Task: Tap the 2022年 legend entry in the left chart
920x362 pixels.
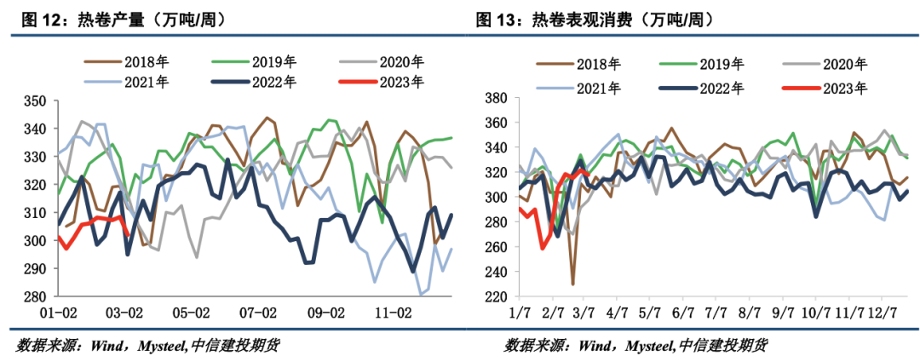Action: pos(273,83)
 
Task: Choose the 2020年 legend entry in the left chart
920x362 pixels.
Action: pos(400,62)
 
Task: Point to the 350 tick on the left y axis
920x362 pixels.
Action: pos(36,101)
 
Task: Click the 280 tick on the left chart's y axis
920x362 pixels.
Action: pos(36,296)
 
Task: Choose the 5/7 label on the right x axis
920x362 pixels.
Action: pos(649,314)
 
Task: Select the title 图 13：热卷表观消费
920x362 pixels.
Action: pos(595,19)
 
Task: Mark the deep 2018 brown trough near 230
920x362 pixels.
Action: pos(572,284)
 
